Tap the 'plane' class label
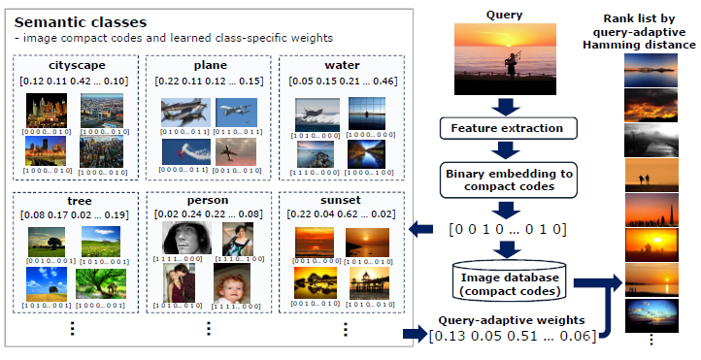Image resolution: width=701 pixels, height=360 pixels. click(209, 66)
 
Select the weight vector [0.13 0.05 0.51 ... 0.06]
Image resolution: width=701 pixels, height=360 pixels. click(512, 336)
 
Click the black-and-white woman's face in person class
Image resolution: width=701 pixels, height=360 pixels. click(185, 238)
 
